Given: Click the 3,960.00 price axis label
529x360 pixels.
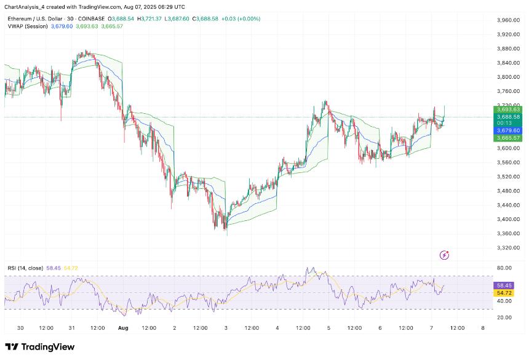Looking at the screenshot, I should pyautogui.click(x=508, y=20).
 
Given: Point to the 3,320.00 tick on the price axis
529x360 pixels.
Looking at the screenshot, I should pyautogui.click(x=508, y=247).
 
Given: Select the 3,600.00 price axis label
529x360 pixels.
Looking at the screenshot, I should pyautogui.click(x=508, y=148).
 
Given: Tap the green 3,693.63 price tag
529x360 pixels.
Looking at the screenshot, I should pyautogui.click(x=507, y=109).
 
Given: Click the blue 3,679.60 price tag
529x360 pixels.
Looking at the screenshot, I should pyautogui.click(x=507, y=130).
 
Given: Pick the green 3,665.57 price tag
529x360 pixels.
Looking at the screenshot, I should pyautogui.click(x=507, y=138).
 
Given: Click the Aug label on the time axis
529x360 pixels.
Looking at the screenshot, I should pyautogui.click(x=122, y=328).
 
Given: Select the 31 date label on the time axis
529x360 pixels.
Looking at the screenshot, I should pyautogui.click(x=71, y=328).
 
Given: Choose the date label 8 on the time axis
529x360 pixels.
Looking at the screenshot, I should pyautogui.click(x=482, y=328).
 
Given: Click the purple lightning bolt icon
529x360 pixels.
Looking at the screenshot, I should pyautogui.click(x=445, y=255).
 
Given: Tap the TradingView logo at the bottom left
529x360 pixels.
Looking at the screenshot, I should pyautogui.click(x=40, y=347).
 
